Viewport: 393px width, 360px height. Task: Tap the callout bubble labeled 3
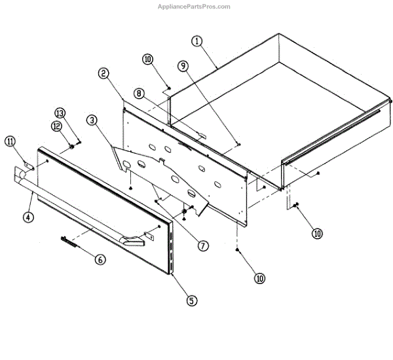pos(92,120)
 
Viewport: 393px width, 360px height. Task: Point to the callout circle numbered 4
pos(28,217)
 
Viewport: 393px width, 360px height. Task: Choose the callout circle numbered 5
pos(191,301)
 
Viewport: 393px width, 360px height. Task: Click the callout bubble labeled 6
pos(100,259)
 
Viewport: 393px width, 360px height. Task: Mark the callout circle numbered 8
pos(139,94)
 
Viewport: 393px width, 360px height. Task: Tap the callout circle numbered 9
pos(183,65)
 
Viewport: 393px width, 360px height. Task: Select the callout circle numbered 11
pos(10,141)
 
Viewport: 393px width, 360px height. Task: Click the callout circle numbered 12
pos(56,125)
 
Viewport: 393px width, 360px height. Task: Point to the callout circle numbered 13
pos(60,112)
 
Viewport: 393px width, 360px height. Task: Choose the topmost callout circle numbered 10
pos(148,60)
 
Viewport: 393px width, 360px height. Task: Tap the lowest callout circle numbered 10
pos(260,278)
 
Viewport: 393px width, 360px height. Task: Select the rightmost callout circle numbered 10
pos(318,233)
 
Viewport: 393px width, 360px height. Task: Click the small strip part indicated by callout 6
pos(69,240)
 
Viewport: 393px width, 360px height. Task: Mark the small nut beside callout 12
pos(69,147)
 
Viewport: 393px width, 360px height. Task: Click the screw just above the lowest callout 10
pos(237,250)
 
